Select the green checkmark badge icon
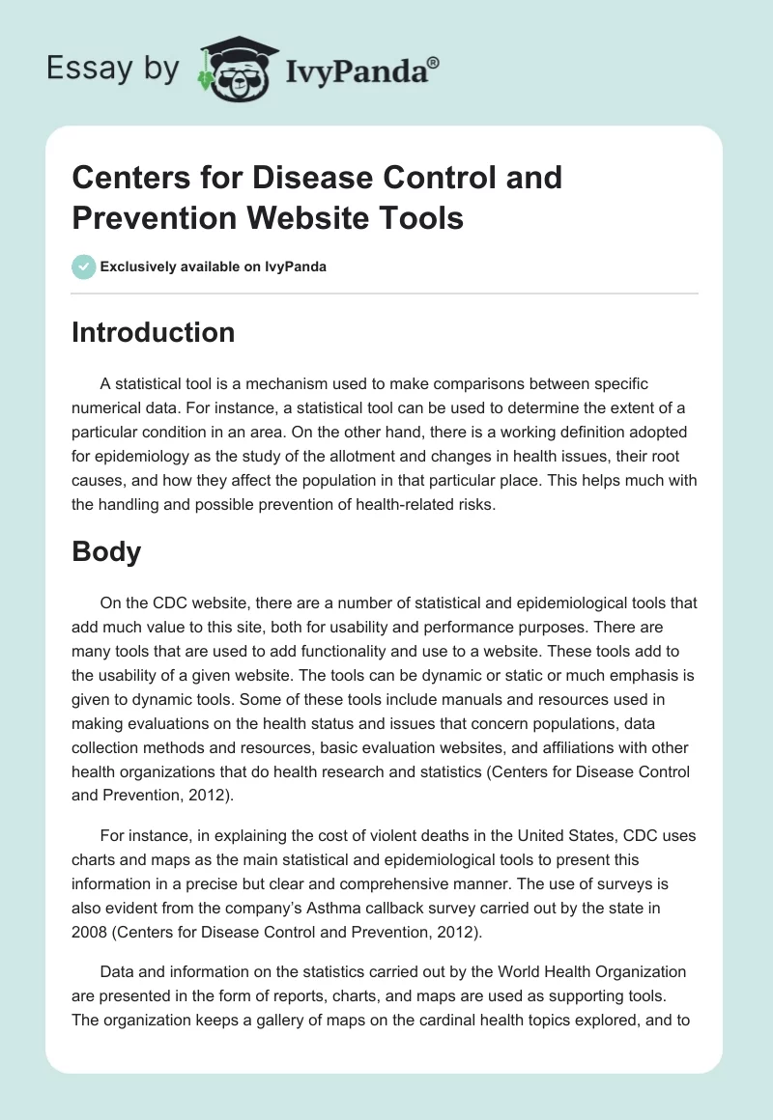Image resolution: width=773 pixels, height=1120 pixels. point(84,266)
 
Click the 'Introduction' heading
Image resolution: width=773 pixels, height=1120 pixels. point(154,332)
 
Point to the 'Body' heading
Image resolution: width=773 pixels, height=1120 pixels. point(106,551)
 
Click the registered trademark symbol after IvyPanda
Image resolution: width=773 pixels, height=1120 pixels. point(434,63)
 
